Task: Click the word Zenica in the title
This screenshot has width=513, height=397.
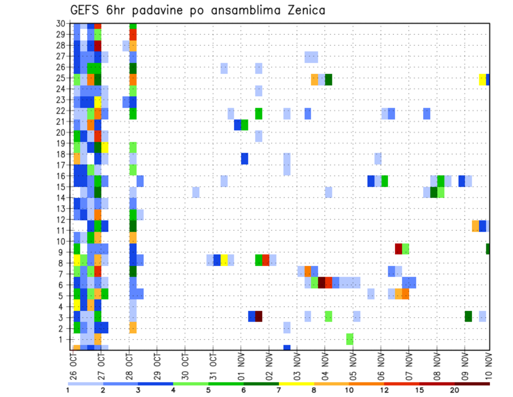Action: pyautogui.click(x=301, y=10)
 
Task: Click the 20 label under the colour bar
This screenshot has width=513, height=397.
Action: pyautogui.click(x=455, y=390)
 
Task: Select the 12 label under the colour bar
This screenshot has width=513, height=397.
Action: pyautogui.click(x=385, y=390)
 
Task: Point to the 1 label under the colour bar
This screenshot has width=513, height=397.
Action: pyautogui.click(x=68, y=390)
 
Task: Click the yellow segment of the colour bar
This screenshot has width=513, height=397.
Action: pyautogui.click(x=297, y=383)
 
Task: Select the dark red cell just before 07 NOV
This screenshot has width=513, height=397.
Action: pyautogui.click(x=398, y=248)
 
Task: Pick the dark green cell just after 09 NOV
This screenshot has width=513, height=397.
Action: pyautogui.click(x=468, y=316)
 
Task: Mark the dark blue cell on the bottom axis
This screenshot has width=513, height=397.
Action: pyautogui.click(x=287, y=348)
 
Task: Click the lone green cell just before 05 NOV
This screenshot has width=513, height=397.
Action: pyautogui.click(x=349, y=339)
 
